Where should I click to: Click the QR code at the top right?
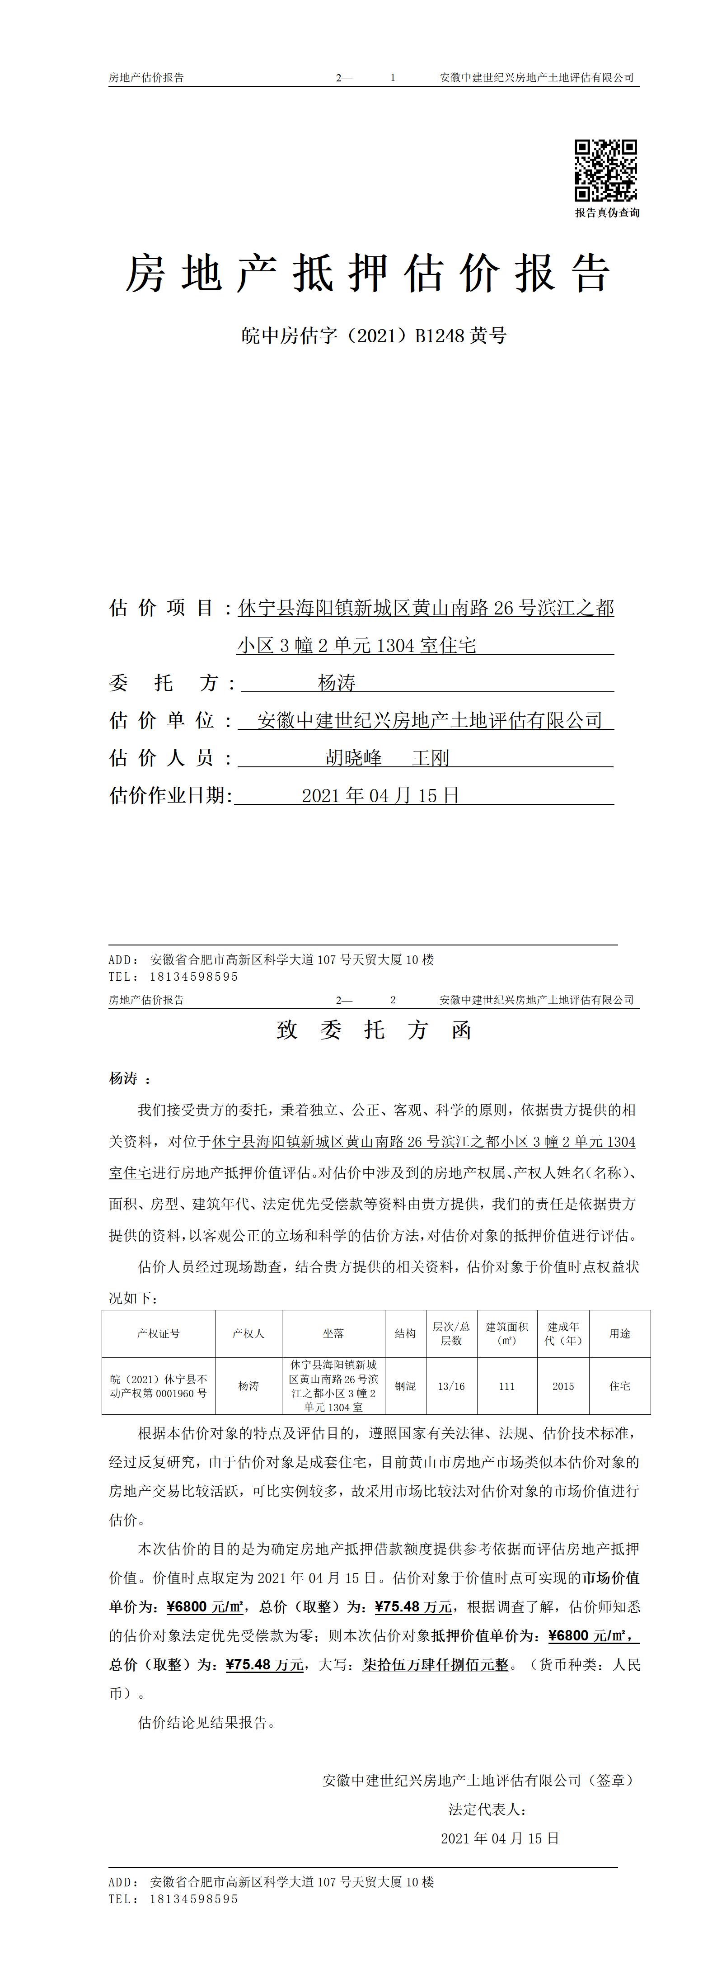tap(606, 170)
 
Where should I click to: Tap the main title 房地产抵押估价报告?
tap(368, 273)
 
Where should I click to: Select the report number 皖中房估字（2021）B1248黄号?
tap(374, 336)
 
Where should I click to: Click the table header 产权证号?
tap(159, 1333)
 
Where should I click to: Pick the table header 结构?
tap(405, 1333)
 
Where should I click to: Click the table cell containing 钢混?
tap(405, 1386)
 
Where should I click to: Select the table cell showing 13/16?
tap(451, 1386)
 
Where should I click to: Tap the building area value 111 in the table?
tap(506, 1386)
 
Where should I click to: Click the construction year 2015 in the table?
tap(563, 1386)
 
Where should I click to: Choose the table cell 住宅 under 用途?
tap(620, 1386)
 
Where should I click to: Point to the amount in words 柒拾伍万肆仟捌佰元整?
tap(435, 1664)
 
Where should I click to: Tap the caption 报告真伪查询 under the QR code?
tap(607, 213)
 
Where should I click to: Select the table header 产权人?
tap(248, 1333)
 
